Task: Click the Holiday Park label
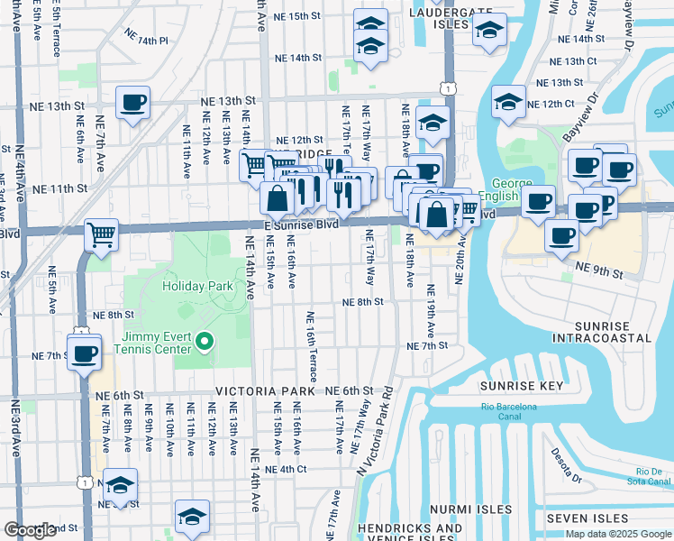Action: [197, 286]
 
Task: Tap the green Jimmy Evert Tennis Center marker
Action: [205, 342]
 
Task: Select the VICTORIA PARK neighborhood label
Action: [263, 392]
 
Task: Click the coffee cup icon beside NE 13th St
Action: [132, 103]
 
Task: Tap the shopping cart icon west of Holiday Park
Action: [102, 235]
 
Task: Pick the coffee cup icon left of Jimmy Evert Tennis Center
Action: [84, 353]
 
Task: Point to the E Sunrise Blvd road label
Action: [300, 225]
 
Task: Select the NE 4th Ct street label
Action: [286, 470]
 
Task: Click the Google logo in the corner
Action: [31, 530]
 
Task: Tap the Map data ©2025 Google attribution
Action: [617, 534]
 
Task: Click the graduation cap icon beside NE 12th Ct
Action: [508, 102]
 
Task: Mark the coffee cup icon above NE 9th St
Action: [561, 235]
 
